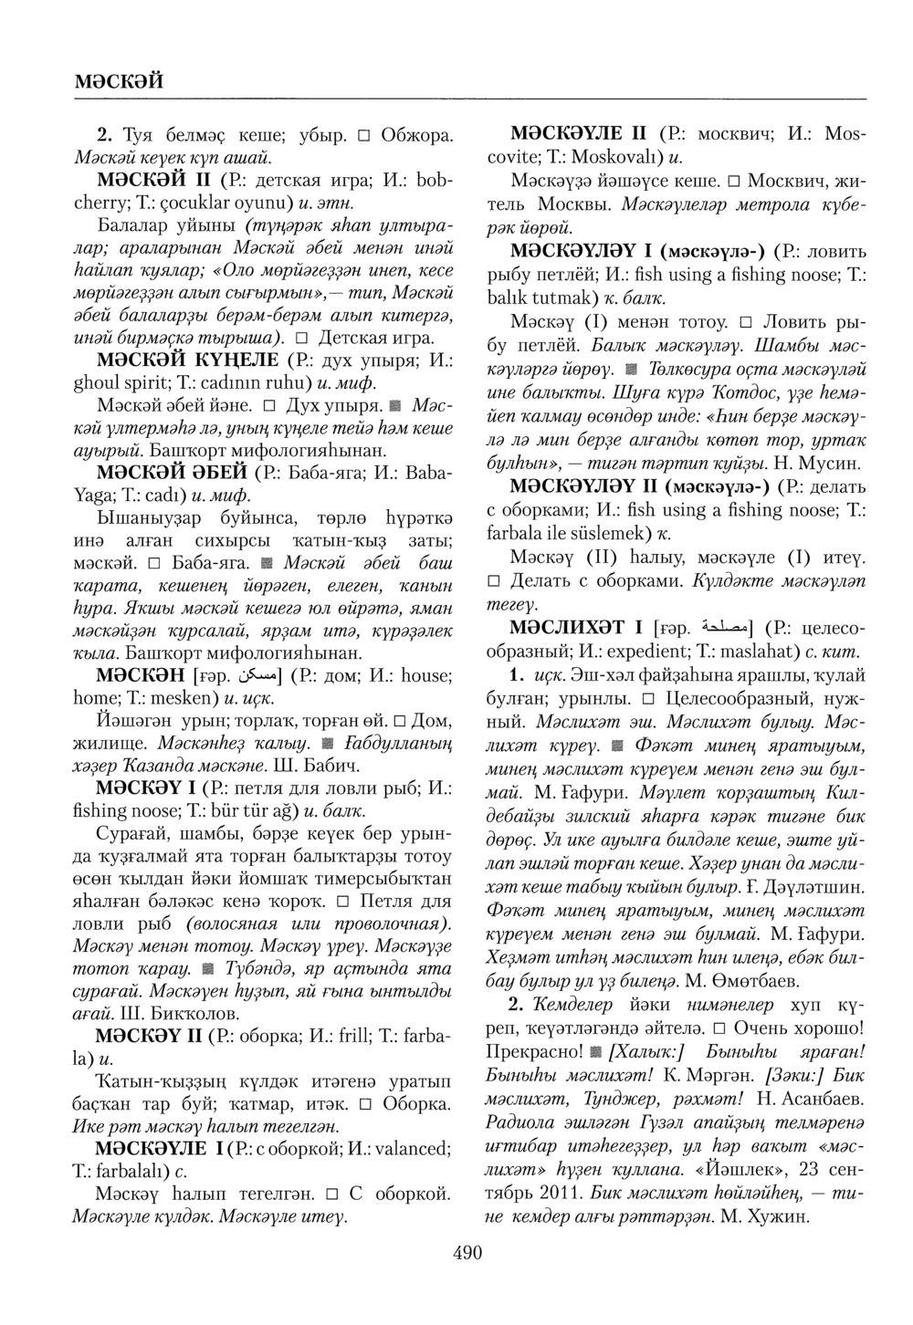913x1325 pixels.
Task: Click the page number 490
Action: [467, 1253]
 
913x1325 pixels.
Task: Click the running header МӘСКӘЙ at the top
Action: [120, 80]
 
